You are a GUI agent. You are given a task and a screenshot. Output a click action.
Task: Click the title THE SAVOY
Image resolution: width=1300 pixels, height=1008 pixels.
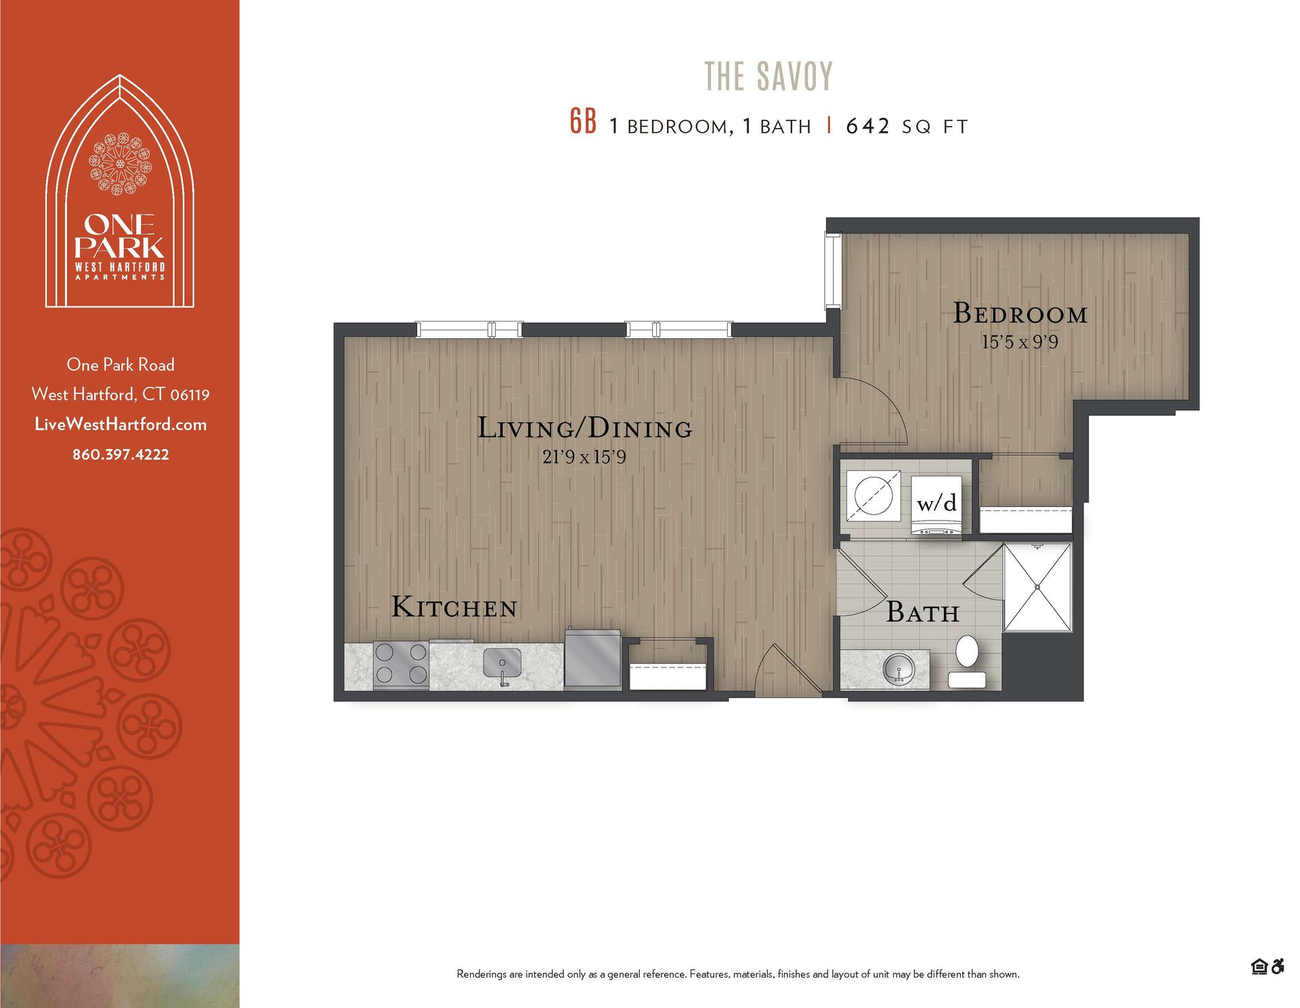[768, 76]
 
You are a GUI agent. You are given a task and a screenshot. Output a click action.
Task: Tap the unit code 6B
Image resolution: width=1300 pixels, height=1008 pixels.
[583, 122]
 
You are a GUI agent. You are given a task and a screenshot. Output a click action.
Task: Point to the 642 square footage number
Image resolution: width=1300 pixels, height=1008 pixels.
[867, 126]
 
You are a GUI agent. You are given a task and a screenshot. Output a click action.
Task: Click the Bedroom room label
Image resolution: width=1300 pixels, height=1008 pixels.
[1020, 313]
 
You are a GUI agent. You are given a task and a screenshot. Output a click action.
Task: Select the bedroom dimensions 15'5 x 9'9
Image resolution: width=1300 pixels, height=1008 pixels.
[1020, 343]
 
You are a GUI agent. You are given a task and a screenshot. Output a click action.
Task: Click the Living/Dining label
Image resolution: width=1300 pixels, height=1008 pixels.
[585, 428]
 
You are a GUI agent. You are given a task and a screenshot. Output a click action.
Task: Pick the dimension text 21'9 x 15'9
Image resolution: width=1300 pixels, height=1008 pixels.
[584, 458]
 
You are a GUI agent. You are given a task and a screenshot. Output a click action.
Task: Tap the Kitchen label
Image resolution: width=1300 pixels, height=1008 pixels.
[454, 607]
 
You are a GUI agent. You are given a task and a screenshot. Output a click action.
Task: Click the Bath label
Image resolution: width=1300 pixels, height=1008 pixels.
[923, 613]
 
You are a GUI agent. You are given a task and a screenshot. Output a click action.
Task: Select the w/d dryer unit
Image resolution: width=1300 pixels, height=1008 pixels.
[936, 504]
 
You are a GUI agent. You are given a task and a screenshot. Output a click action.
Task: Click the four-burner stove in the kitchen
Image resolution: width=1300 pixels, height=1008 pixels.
[401, 664]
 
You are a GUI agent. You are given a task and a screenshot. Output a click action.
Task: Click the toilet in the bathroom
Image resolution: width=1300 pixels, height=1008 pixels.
[967, 660]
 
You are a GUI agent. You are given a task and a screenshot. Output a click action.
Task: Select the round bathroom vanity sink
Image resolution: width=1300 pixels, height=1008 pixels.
[898, 670]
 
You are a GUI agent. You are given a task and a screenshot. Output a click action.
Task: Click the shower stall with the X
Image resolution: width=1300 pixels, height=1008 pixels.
[1037, 587]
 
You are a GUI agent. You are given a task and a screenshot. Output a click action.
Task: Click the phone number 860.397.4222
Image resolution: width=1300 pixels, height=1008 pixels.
[121, 455]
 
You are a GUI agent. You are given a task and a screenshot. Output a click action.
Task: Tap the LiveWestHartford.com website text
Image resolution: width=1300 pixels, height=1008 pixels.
[121, 424]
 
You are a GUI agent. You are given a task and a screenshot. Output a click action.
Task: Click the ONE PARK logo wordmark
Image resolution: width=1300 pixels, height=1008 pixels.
[120, 236]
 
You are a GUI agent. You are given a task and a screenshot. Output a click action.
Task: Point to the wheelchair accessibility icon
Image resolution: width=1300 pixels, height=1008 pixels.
[1278, 966]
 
